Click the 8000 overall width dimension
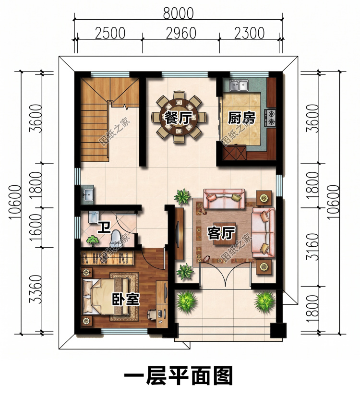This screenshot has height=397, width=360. [x=178, y=13]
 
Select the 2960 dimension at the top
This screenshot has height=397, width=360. [x=181, y=33]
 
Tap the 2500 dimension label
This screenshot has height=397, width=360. [x=110, y=33]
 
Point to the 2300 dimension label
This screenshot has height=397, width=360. [x=250, y=33]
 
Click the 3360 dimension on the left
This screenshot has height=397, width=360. [x=36, y=289]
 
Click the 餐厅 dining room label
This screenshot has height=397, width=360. [x=178, y=118]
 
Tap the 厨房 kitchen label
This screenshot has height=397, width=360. [x=242, y=118]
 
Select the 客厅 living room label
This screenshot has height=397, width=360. [x=221, y=233]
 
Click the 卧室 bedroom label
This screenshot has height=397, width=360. [x=126, y=299]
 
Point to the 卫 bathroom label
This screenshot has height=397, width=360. [x=104, y=227]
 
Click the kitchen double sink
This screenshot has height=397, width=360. [x=239, y=85]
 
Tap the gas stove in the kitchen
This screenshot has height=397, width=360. [x=270, y=118]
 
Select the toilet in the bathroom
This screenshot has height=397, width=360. [x=116, y=237]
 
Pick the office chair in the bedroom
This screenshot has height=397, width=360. [x=151, y=315]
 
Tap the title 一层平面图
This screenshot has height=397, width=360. [x=178, y=376]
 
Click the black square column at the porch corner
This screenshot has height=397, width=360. [x=278, y=330]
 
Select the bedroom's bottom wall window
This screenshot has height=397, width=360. [x=124, y=331]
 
